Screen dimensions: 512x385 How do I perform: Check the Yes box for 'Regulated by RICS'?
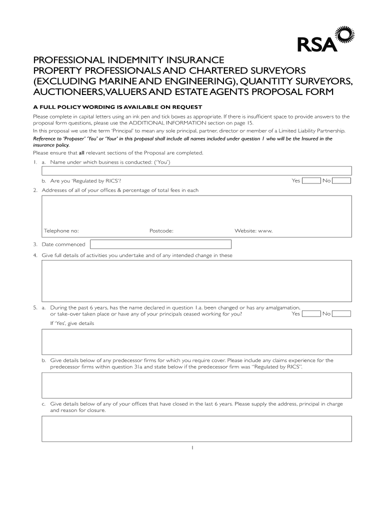click(311, 180)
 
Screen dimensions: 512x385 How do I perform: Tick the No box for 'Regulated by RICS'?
click(342, 180)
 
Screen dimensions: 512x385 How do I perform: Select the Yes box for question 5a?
click(311, 314)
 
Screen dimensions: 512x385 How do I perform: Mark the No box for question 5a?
click(342, 314)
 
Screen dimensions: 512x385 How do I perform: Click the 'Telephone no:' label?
click(61, 231)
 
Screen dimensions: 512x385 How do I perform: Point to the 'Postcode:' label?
click(161, 231)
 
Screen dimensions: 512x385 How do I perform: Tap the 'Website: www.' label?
click(253, 231)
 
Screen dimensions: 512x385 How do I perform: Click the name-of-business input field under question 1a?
click(196, 170)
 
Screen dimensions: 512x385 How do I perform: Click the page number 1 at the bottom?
click(192, 447)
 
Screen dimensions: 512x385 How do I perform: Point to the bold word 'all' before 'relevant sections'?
click(82, 152)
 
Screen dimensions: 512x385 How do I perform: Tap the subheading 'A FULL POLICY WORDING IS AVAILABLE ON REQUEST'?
click(118, 107)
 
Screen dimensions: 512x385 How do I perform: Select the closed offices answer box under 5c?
click(196, 428)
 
